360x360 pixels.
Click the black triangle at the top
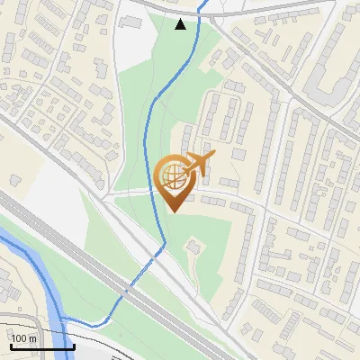click(181, 24)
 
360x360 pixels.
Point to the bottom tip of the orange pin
click(175, 211)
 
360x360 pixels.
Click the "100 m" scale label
click(24, 338)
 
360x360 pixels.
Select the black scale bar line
click(42, 346)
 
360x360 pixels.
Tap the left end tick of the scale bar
click(11, 345)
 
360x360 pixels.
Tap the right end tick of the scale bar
click(74, 345)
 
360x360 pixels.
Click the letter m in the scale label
click(33, 338)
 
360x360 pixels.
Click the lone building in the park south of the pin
click(191, 245)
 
